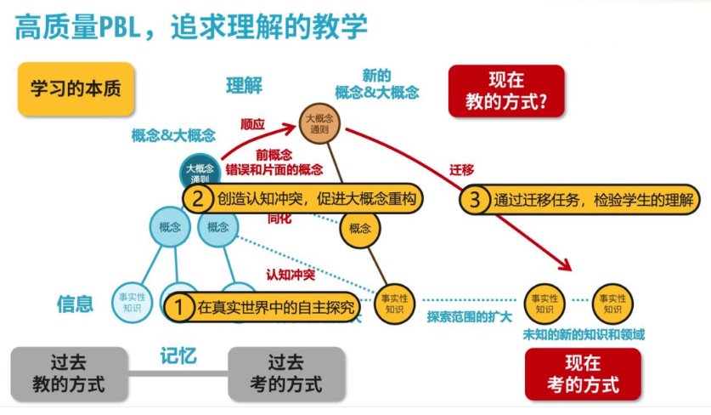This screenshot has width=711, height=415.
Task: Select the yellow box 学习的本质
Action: (x=76, y=88)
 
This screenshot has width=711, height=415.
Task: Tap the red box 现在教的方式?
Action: (x=506, y=91)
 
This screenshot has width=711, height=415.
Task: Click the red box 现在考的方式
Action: (x=583, y=374)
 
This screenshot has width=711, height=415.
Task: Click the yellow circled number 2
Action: (x=197, y=199)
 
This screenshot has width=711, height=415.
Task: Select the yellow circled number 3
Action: (x=475, y=200)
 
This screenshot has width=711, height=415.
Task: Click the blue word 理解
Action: (x=244, y=86)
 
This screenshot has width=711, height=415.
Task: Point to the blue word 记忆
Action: (x=178, y=355)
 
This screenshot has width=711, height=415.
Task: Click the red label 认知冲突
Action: (x=291, y=274)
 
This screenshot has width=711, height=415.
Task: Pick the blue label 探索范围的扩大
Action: (x=470, y=317)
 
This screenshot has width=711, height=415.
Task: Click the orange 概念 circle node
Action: (x=360, y=228)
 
